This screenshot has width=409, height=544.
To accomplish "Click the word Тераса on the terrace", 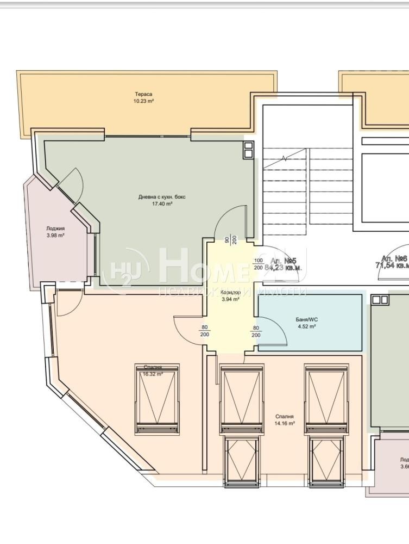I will [x=144, y=94].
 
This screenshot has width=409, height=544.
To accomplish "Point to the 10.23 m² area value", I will [x=144, y=101].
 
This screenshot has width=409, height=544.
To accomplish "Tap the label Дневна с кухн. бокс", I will [x=162, y=197].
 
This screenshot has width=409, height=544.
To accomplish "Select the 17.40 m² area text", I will [x=162, y=203].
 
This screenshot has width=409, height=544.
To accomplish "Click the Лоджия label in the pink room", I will [x=55, y=228].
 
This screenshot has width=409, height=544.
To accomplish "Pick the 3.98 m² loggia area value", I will [x=55, y=236].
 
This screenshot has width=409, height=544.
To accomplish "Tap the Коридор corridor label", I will [x=230, y=292].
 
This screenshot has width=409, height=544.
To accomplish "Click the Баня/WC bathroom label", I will [x=307, y=320].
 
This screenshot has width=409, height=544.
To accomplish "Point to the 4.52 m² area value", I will [x=307, y=327].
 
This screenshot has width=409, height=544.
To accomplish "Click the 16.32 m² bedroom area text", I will [x=153, y=374].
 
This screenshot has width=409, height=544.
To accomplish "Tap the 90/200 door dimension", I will [x=231, y=240].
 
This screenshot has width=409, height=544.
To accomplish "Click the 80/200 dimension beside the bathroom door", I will [x=256, y=331].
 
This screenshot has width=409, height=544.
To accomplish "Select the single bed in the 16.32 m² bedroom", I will [x=157, y=399].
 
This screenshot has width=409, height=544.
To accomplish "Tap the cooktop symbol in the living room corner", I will [x=248, y=150].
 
